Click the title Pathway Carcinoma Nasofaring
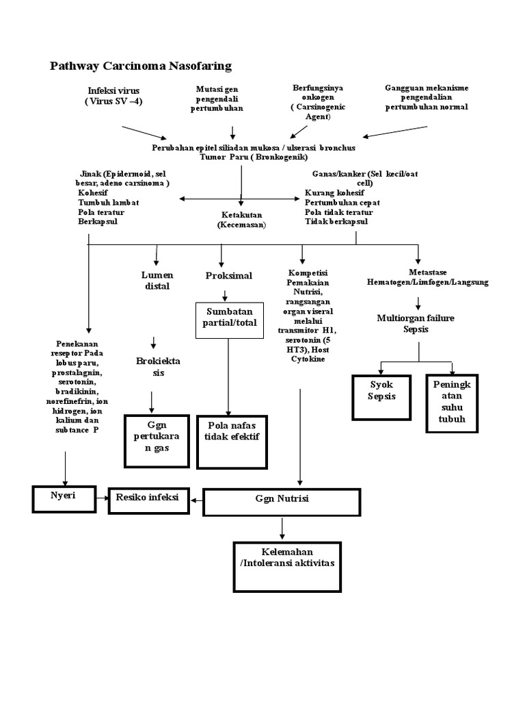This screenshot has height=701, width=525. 141,66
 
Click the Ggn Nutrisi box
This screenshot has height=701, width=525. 282,501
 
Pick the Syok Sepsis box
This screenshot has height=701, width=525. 381,396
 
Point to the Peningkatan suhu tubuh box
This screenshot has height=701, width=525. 452,403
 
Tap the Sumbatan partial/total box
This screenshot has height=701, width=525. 229,319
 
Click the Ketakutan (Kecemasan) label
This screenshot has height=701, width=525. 241,219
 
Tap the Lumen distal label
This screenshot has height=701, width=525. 157,280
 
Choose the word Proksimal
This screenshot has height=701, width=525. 229,275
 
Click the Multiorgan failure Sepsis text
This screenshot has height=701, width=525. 415,323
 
